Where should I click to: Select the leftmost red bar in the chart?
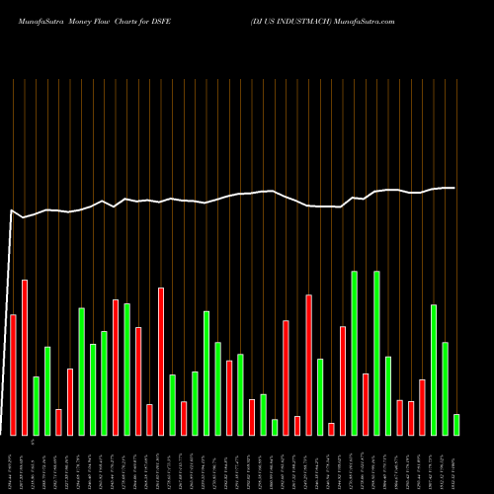point(13,374)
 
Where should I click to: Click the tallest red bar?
point(25,358)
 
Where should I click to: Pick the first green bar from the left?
point(36,405)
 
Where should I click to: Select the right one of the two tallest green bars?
point(376,353)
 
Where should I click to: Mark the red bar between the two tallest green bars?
point(366,404)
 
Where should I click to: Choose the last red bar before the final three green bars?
point(422,407)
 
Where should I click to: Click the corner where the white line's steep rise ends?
point(12,209)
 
